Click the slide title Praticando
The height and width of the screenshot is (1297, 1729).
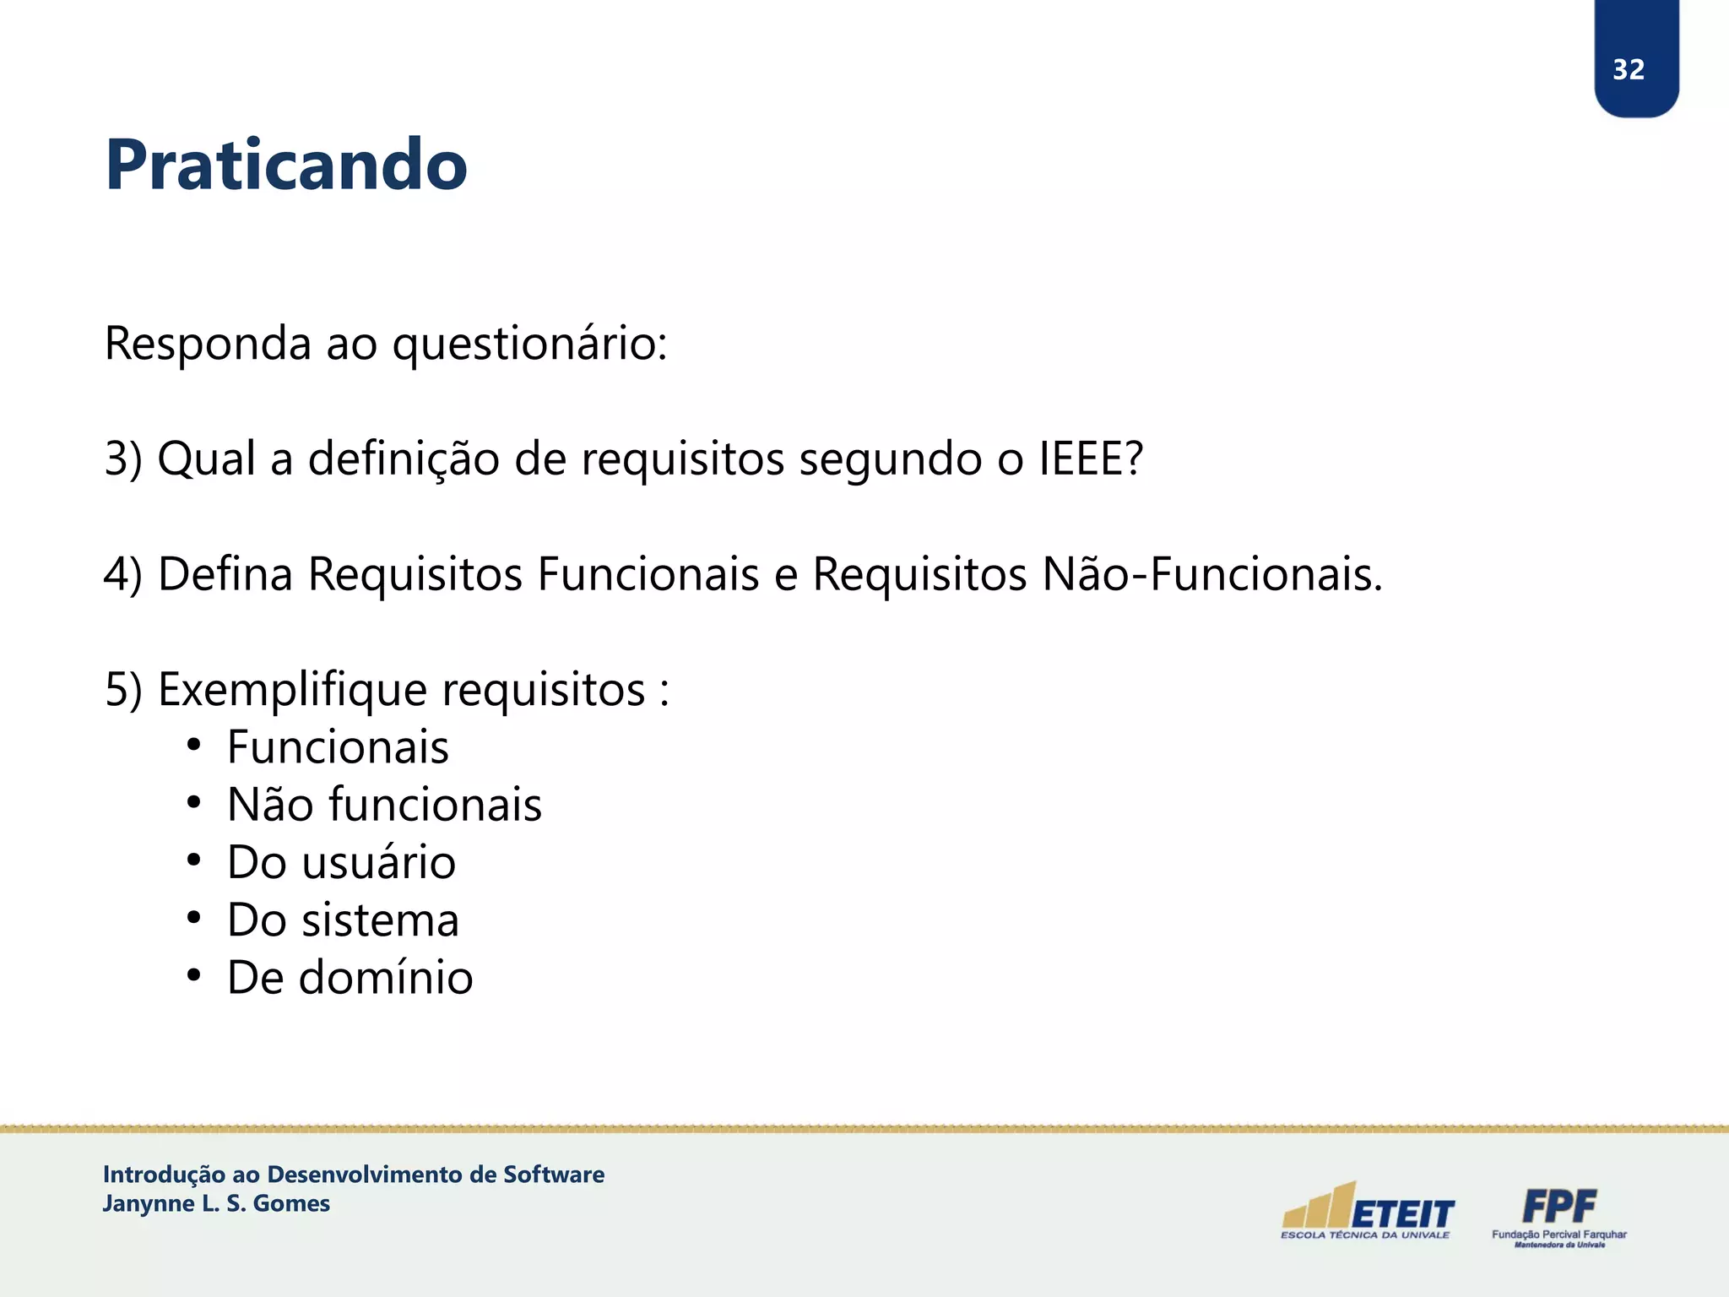pos(285,165)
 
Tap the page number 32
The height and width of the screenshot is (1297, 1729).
pos(1629,69)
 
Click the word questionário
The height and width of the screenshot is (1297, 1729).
pos(529,345)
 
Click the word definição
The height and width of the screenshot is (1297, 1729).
pos(404,460)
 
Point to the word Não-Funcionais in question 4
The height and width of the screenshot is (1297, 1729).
pos(1212,574)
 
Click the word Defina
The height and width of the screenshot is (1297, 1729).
pos(225,574)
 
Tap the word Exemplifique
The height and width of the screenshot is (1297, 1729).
pos(293,691)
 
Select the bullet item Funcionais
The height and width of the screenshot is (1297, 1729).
pos(338,747)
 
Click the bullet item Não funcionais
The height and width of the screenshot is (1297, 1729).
pos(384,805)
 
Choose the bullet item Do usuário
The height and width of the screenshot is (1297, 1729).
pos(341,863)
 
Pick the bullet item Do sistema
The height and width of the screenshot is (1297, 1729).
pos(343,920)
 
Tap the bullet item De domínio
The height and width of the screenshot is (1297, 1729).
pos(350,978)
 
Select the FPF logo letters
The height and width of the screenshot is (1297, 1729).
pos(1559,1206)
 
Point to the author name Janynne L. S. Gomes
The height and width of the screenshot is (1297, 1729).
pos(216,1204)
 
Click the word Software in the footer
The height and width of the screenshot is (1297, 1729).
pos(554,1175)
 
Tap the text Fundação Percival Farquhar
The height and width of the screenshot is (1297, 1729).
pos(1558,1235)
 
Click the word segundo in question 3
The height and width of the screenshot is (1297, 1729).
pos(890,460)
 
